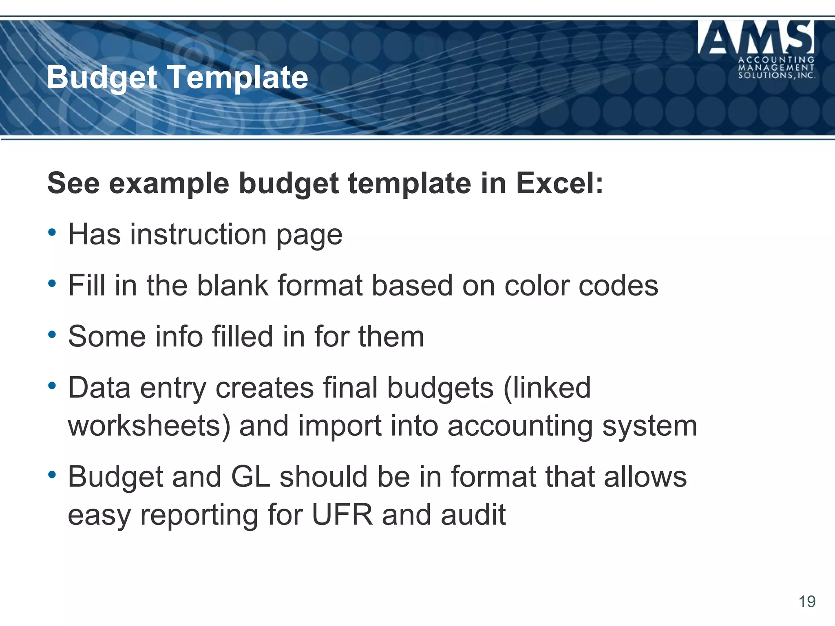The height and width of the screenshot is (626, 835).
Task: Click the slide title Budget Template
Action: point(177,77)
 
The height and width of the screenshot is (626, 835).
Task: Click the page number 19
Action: point(807,602)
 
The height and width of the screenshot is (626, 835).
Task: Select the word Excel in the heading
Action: point(560,183)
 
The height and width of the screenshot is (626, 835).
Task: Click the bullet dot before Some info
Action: point(52,335)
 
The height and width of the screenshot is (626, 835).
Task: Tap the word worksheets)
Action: point(149,426)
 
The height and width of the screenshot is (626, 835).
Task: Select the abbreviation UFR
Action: point(342,515)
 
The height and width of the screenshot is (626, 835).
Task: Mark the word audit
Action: point(473,515)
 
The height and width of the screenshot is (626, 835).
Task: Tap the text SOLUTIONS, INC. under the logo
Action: point(777,75)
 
